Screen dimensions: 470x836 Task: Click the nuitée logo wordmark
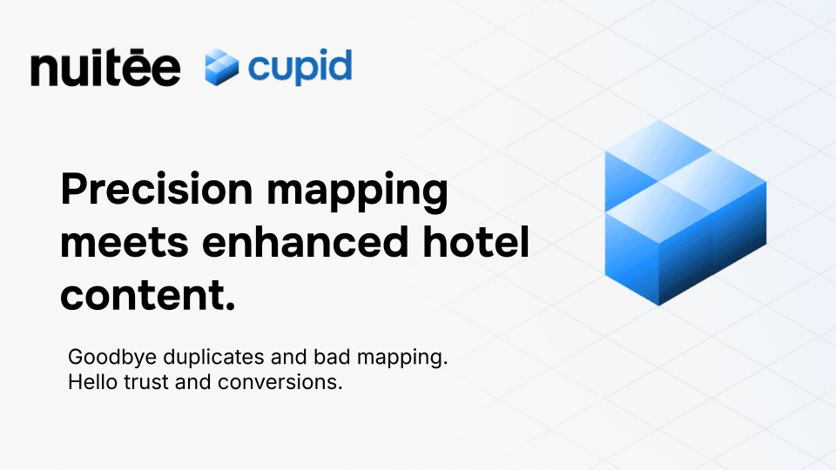click(x=105, y=68)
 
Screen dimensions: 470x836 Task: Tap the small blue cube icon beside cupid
click(x=221, y=68)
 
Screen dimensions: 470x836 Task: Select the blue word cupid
click(x=300, y=66)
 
